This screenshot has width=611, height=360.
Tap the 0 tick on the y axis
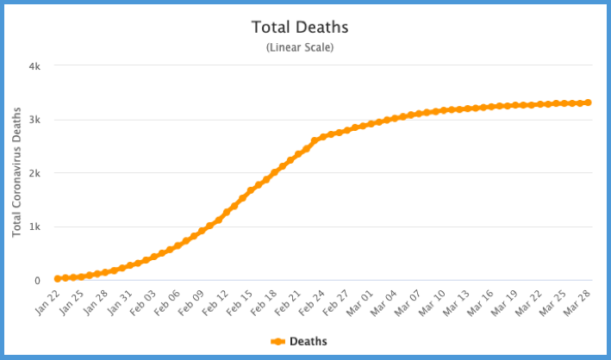pyautogui.click(x=38, y=280)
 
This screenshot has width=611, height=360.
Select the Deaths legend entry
pyautogui.click(x=308, y=342)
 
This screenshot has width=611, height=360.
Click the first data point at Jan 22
pyautogui.click(x=57, y=278)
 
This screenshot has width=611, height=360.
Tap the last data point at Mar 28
pyautogui.click(x=588, y=102)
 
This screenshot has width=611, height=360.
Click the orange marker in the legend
pyautogui.click(x=277, y=342)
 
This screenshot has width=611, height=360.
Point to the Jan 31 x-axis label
pyautogui.click(x=120, y=301)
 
